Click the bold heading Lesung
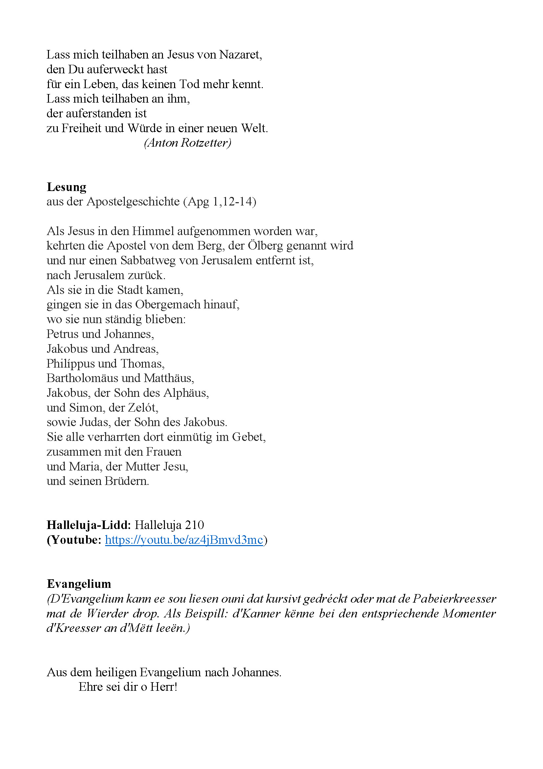pos(66,187)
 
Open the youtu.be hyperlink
pos(184,540)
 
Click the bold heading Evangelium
pos(79,584)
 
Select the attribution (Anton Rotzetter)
pos(187,143)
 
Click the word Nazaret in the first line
pos(240,54)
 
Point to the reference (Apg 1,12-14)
pos(219,201)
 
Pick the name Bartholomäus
pos(82,378)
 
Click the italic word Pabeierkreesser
pos(454,598)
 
